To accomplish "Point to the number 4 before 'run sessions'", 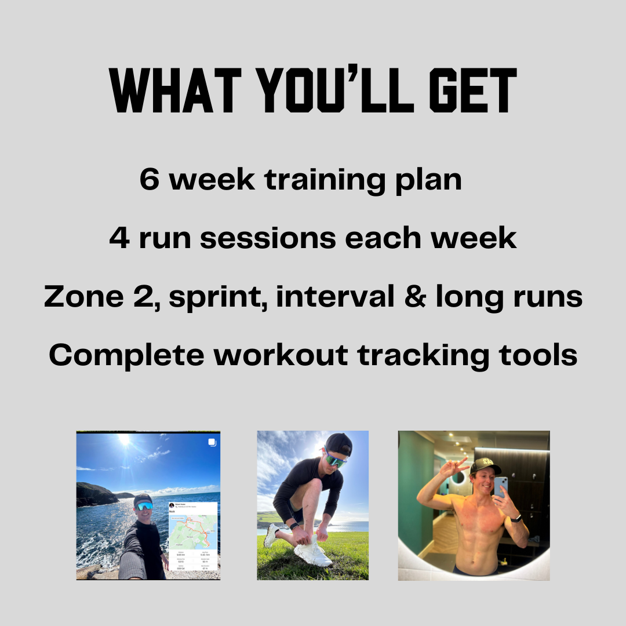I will pos(119,238).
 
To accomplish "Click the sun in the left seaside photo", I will pos(124,439).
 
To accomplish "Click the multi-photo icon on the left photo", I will pos(212,442).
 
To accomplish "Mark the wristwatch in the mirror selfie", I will pos(516,518).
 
